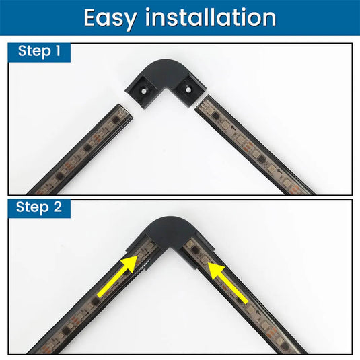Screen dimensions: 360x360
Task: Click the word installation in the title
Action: (x=211, y=17)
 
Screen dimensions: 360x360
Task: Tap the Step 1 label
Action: (x=39, y=51)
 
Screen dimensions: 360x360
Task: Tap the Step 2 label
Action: (x=39, y=207)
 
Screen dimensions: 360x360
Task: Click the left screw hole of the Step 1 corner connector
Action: (x=143, y=91)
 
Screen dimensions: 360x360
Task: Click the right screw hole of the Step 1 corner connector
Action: (x=188, y=89)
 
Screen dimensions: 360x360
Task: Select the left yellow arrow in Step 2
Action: (x=117, y=277)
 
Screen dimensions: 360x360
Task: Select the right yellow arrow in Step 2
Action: (x=228, y=283)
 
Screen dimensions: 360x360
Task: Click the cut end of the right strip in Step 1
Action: (x=203, y=103)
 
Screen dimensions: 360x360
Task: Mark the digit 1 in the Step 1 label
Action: (x=58, y=50)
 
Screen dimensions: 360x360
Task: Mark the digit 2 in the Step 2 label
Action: (x=58, y=207)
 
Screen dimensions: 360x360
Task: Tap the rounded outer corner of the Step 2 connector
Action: (x=170, y=220)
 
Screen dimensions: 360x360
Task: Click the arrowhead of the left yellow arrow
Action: (x=129, y=264)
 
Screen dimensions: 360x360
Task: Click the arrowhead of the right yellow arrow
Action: (x=216, y=271)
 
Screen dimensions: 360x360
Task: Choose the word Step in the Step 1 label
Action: (x=34, y=51)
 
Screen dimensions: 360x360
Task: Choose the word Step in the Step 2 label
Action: (x=32, y=207)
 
